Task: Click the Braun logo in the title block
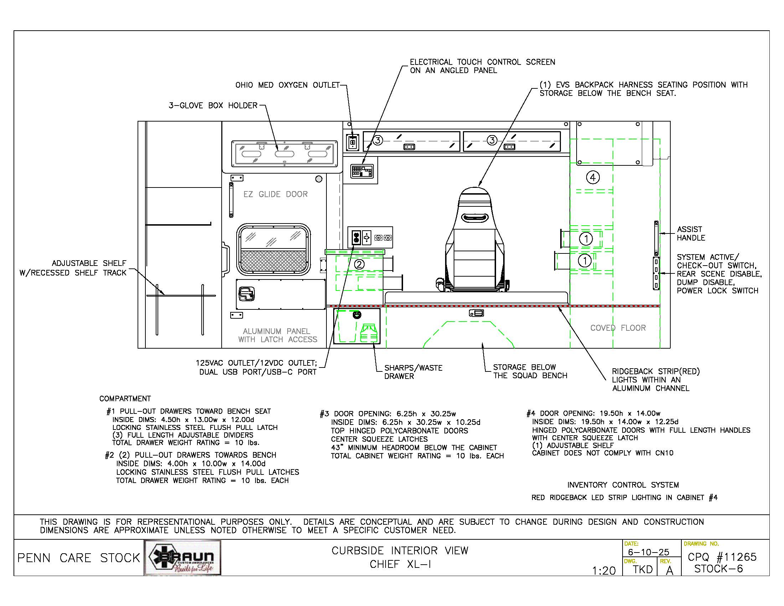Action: click(182, 558)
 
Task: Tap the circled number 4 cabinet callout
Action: click(593, 178)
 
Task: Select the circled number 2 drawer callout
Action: click(359, 265)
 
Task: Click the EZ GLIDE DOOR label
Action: click(275, 194)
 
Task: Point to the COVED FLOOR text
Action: click(618, 328)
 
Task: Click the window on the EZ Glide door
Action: click(274, 249)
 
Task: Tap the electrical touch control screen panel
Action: click(362, 171)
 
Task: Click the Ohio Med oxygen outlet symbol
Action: click(352, 142)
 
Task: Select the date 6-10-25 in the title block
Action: click(649, 552)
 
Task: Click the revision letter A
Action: click(670, 570)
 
